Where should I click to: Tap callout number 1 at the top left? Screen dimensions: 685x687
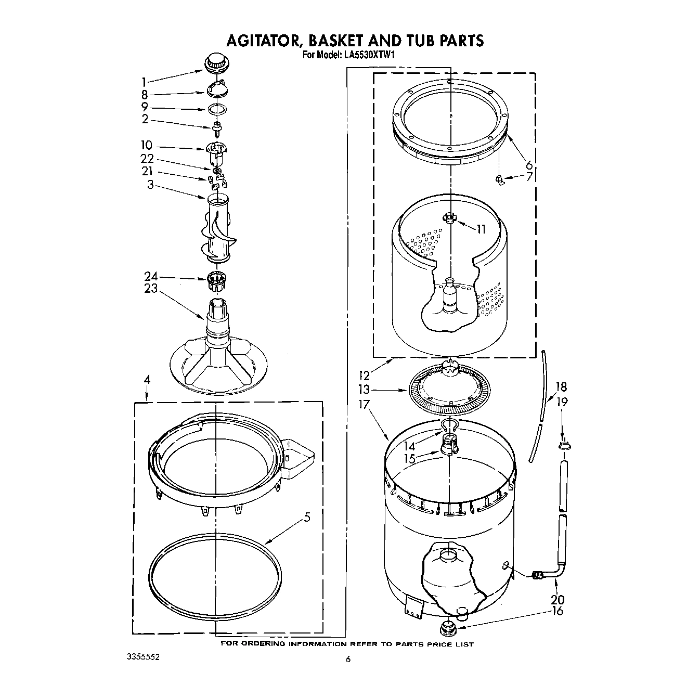pyautogui.click(x=144, y=81)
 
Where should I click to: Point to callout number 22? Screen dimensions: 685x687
pyautogui.click(x=147, y=159)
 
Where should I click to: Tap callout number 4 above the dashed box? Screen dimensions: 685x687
pyautogui.click(x=147, y=380)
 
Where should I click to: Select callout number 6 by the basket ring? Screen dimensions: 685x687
pyautogui.click(x=529, y=165)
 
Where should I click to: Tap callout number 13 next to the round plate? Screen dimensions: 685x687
pyautogui.click(x=364, y=389)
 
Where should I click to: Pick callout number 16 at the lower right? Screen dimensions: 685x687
pyautogui.click(x=557, y=611)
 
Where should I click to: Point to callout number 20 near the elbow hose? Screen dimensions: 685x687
pyautogui.click(x=557, y=599)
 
